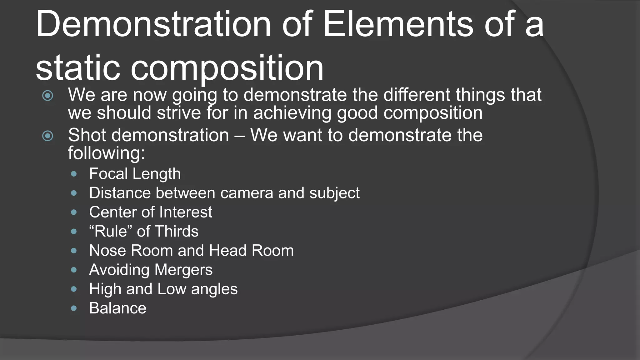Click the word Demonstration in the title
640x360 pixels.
coord(153,24)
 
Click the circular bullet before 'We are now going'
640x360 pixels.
coord(47,96)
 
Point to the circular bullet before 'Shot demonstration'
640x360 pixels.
coord(47,136)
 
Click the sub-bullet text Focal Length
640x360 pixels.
coord(135,174)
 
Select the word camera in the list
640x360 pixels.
coord(247,193)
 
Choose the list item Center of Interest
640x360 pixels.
coord(150,212)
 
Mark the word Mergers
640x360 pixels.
coord(183,270)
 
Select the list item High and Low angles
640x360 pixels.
coord(163,289)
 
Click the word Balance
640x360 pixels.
coord(117,308)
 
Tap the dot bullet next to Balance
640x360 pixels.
coord(74,308)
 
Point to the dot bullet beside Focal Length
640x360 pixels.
coord(74,174)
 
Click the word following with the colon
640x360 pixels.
coord(106,153)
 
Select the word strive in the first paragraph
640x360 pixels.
coord(179,113)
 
